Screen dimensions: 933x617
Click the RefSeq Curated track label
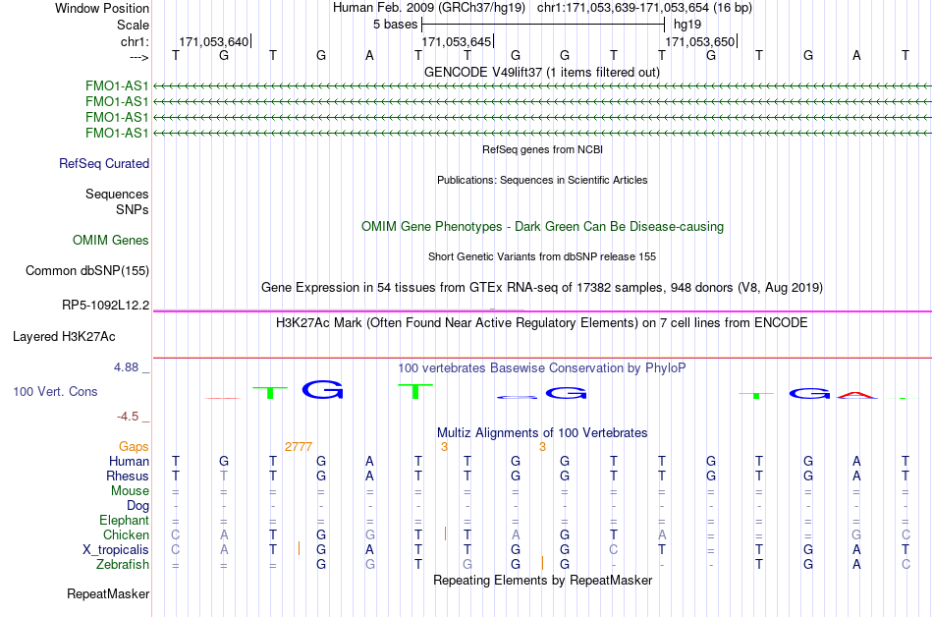(104, 164)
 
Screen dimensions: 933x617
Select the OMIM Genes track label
(111, 241)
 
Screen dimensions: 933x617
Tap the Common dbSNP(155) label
(87, 271)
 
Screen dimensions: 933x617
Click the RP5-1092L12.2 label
(106, 306)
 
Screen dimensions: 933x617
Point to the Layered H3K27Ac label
(64, 337)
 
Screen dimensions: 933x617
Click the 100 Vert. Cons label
(55, 391)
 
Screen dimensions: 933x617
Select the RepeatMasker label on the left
(108, 593)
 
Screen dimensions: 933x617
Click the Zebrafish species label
(123, 564)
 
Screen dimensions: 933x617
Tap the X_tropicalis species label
(116, 550)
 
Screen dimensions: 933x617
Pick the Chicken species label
(126, 534)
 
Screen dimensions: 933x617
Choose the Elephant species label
(125, 520)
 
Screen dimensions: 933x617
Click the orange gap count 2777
(299, 447)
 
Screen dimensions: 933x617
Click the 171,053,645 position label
(457, 41)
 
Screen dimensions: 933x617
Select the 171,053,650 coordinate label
(699, 41)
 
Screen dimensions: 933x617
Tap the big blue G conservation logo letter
(322, 390)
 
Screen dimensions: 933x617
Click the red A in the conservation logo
(856, 395)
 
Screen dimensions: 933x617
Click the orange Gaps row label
(134, 447)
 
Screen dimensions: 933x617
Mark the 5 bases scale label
(396, 25)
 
